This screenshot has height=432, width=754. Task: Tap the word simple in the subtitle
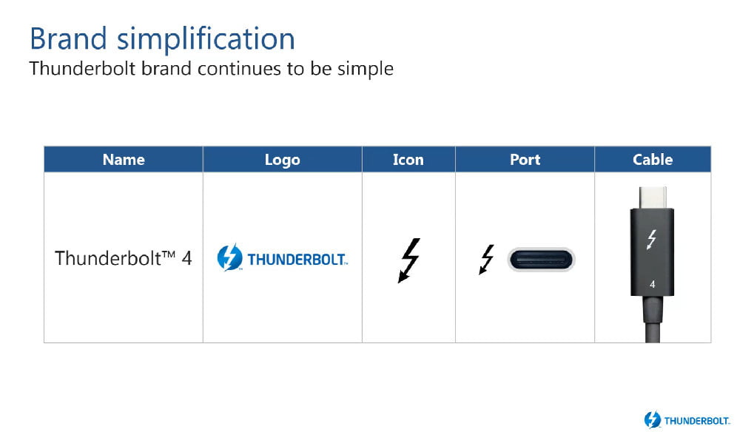coord(366,69)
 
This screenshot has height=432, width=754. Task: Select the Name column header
coord(124,160)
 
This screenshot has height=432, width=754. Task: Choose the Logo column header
coord(282,160)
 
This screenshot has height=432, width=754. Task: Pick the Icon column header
coord(408,160)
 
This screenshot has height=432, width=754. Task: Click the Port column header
coord(525,160)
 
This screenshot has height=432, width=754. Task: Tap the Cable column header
coord(652,160)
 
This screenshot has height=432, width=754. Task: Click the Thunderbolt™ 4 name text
coord(123,259)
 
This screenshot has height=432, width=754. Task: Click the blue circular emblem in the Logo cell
coord(230,259)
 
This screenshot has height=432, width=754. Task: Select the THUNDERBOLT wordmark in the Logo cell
coord(297,260)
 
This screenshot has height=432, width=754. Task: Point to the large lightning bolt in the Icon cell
coord(408,260)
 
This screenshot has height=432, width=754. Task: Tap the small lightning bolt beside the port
coord(486,260)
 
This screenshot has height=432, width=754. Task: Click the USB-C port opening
coord(541,260)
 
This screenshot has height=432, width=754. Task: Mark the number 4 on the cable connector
coord(652,283)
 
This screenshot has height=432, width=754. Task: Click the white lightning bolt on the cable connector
coord(652,240)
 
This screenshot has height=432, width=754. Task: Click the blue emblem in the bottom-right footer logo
coord(653,419)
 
